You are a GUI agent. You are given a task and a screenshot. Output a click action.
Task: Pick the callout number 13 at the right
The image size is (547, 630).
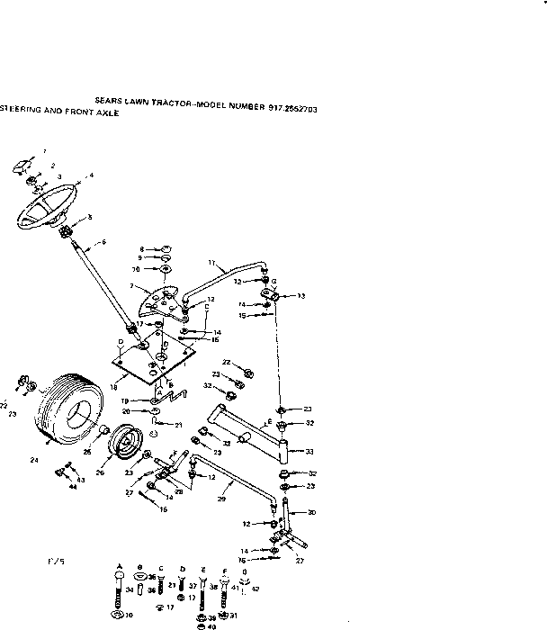click(x=301, y=295)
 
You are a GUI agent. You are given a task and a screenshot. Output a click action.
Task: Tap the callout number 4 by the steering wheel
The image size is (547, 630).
click(x=91, y=175)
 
